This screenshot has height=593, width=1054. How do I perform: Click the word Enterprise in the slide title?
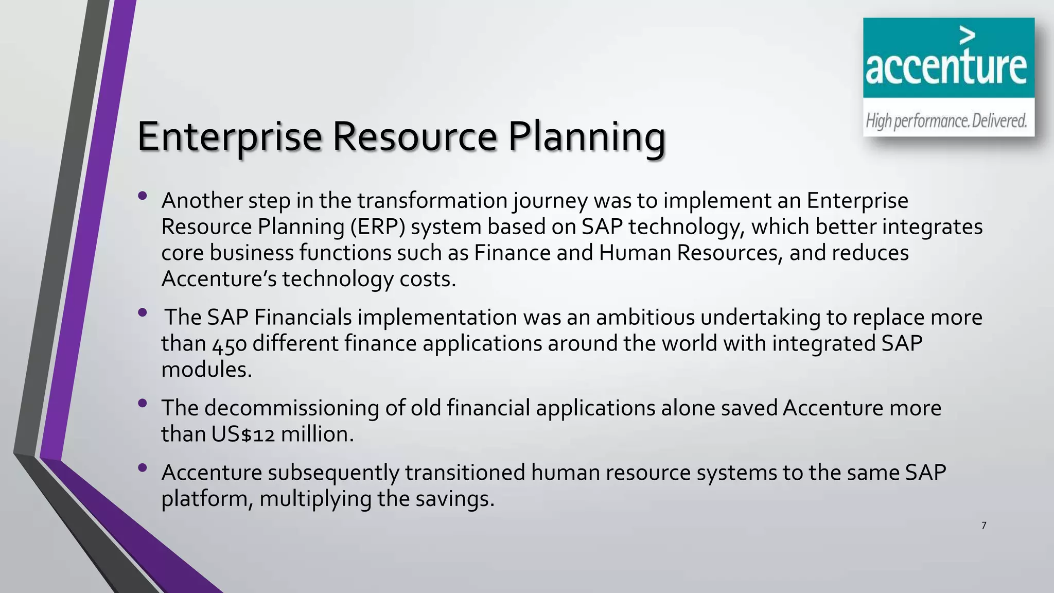pos(230,137)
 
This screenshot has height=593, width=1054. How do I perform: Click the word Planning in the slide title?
pos(587,137)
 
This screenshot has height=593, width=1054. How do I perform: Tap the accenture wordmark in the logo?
pos(946,68)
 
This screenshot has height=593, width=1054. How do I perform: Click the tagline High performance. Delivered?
pos(946,121)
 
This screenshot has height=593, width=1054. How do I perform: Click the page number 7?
pos(983,526)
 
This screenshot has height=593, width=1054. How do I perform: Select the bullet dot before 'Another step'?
pos(143,196)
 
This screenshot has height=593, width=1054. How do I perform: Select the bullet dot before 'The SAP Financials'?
pos(143,312)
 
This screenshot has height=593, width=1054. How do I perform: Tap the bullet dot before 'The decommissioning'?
pos(143,403)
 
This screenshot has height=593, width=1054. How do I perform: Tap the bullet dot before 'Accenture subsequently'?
pos(143,468)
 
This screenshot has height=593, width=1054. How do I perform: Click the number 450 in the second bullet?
pos(230,344)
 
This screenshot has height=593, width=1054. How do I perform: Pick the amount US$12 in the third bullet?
pos(243,434)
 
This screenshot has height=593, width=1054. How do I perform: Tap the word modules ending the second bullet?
pos(206,370)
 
